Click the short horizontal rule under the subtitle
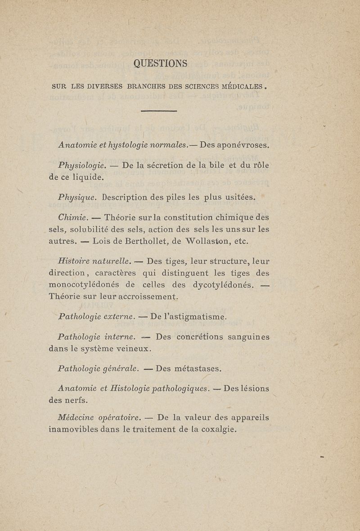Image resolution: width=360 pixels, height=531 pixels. point(159,111)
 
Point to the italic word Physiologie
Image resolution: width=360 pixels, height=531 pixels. point(82,166)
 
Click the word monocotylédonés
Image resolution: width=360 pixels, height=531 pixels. point(84,285)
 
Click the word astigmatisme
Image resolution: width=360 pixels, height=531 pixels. point(189,317)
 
